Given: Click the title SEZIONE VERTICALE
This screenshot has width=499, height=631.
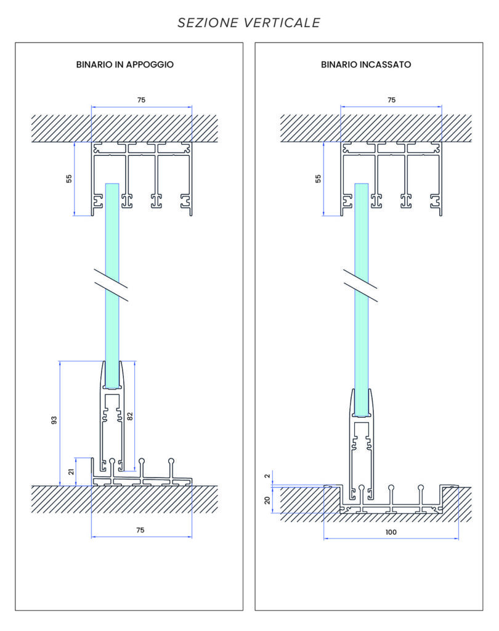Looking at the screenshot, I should point(249,23).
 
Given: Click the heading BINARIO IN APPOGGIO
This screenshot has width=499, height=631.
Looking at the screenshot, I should point(125,64).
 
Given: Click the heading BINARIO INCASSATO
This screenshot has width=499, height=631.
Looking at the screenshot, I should point(366,64).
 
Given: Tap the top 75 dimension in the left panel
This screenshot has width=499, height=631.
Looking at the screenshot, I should point(142,99).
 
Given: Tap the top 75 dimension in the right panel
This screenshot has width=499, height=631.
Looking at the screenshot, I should point(391,99).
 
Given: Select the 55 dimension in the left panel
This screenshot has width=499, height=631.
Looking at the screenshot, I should point(69,179).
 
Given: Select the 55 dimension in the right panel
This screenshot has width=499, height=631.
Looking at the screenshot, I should point(318,179).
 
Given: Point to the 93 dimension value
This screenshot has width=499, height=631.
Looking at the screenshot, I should point(54,420).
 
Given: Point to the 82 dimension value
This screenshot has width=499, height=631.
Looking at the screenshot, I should point(129,416).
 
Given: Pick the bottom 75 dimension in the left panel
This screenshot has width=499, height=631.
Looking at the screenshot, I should point(140,530).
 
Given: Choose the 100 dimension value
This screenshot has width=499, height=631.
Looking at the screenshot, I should point(391,532).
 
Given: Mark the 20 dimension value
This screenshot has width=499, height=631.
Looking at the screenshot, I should point(268,500).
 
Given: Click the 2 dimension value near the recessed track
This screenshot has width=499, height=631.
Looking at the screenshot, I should point(268,476).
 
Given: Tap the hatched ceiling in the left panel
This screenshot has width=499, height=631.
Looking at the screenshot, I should point(55,128).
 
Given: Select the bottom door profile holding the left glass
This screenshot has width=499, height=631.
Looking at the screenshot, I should point(112,419).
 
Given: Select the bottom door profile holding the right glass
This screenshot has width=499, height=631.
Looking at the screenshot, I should point(361,444).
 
